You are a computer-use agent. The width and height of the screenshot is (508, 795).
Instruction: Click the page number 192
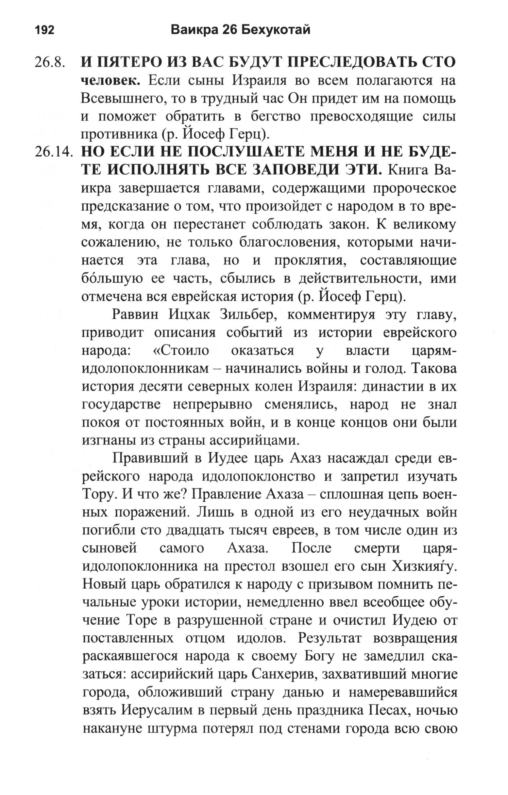(x=44, y=30)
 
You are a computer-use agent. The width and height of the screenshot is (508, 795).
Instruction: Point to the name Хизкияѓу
(x=424, y=566)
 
